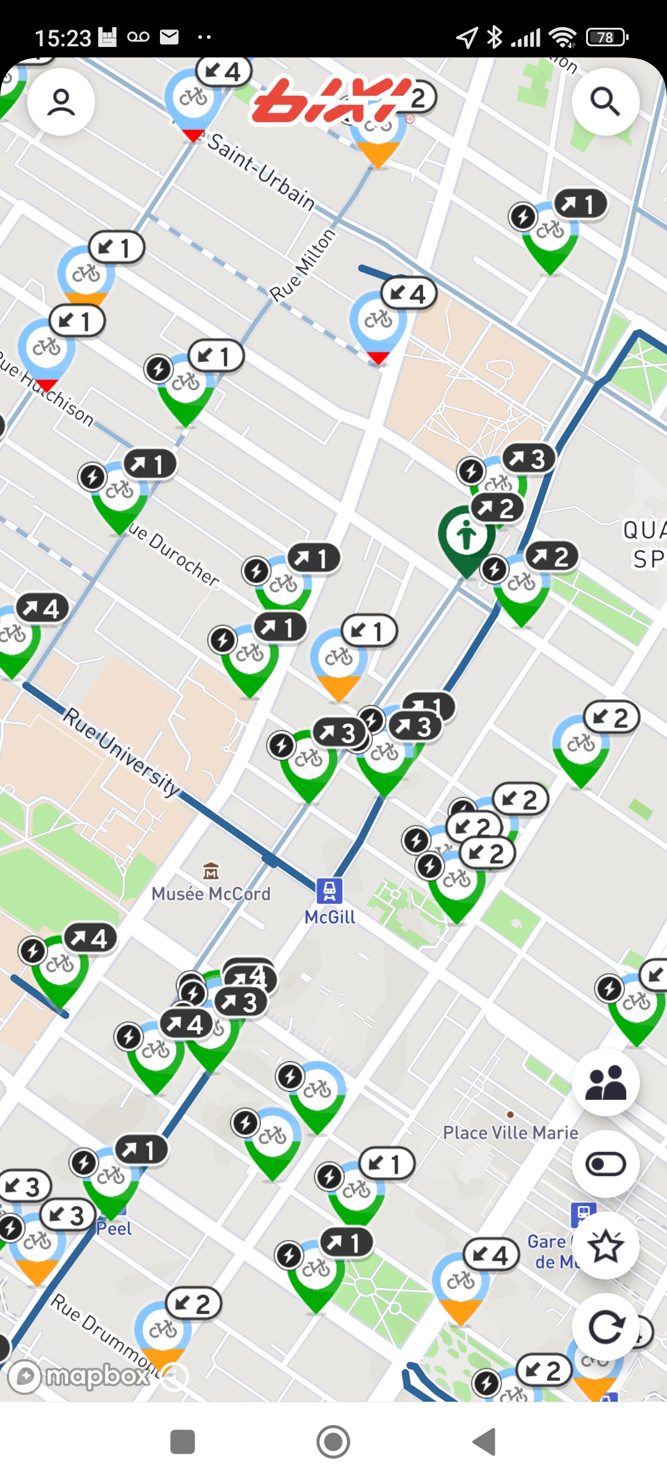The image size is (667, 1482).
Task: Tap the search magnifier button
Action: pos(605,102)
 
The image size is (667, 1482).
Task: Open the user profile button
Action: pos(61,102)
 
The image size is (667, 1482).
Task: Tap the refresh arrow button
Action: pos(605,1326)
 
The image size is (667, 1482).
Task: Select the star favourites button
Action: pos(605,1245)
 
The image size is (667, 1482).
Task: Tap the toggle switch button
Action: pos(605,1164)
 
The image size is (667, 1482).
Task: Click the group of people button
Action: pos(605,1082)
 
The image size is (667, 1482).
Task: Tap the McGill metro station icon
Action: pos(330,891)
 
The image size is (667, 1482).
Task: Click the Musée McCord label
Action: pos(211,894)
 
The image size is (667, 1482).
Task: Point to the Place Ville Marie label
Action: pos(510,1132)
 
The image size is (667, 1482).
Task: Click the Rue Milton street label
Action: pos(303,266)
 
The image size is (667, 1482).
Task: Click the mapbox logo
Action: pos(80,1376)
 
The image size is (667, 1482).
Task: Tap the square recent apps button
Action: pos(182,1442)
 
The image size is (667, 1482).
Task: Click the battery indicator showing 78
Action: pos(606,38)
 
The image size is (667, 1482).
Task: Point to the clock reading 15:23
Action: pos(62,38)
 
